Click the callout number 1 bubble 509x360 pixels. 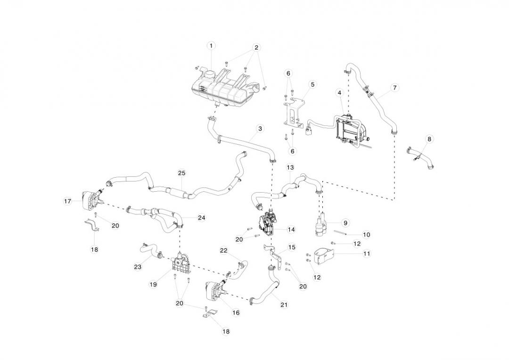click(211, 46)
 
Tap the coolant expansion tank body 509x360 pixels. click(222, 89)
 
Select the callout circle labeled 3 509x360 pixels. click(260, 128)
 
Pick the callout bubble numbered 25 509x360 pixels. click(181, 173)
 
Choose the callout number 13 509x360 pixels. click(290, 167)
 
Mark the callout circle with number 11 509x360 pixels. click(367, 253)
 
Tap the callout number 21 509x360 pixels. click(284, 304)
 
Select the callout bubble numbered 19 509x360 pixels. click(153, 284)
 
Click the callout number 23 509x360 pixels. click(138, 267)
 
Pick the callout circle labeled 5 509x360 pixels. click(312, 84)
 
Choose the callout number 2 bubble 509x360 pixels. click(256, 48)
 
